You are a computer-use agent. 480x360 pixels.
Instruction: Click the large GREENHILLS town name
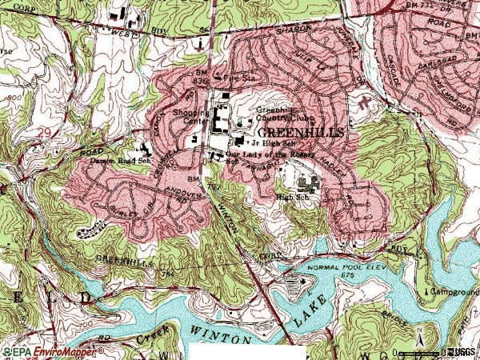click(300, 130)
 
